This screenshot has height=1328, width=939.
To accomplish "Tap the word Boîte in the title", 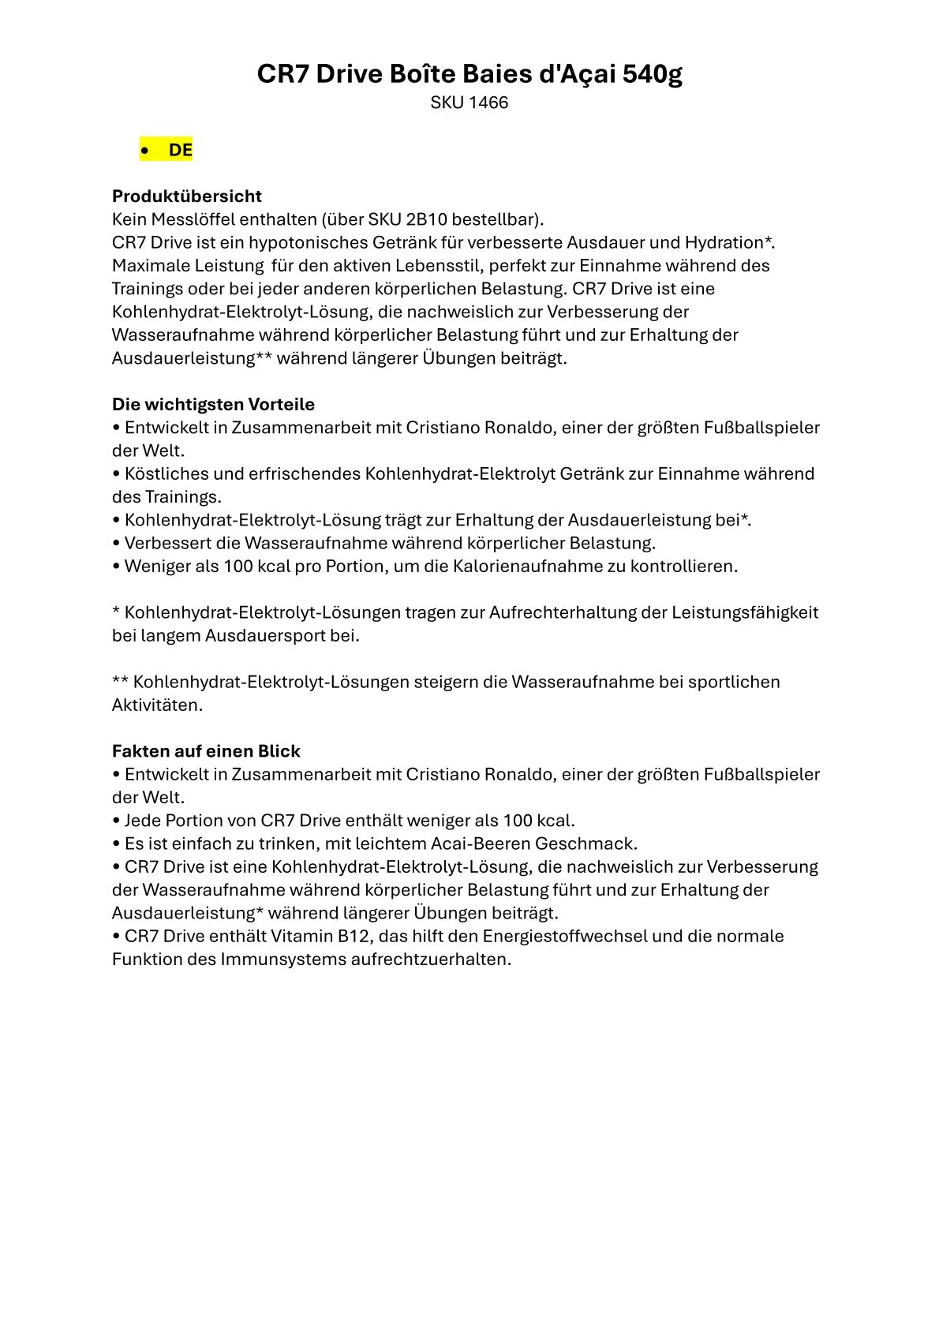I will (421, 74).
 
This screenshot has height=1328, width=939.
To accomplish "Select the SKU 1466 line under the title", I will (469, 103).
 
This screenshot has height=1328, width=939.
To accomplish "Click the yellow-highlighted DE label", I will (180, 150).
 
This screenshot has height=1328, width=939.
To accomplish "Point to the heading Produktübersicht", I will (187, 196).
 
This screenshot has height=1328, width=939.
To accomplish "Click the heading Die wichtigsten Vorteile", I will (213, 404).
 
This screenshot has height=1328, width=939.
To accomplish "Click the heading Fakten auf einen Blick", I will (206, 751).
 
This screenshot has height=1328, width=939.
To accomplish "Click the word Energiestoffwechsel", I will (565, 936).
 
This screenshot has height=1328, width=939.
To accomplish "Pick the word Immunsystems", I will (283, 960).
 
